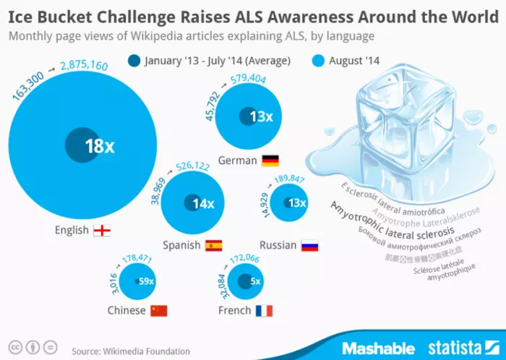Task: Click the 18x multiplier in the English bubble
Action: pos(100,147)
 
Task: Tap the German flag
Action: pos(270,160)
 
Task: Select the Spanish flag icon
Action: pos(213,245)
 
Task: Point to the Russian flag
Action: pos(309,245)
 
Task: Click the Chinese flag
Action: pos(158,311)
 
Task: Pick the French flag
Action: pos(264,311)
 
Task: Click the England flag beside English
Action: pos(102,231)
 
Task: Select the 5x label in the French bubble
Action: pos(255,282)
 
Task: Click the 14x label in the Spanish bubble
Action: pos(203,204)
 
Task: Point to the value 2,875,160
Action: pos(85,67)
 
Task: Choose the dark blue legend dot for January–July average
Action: pos(134,61)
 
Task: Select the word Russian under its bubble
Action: pos(278,245)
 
